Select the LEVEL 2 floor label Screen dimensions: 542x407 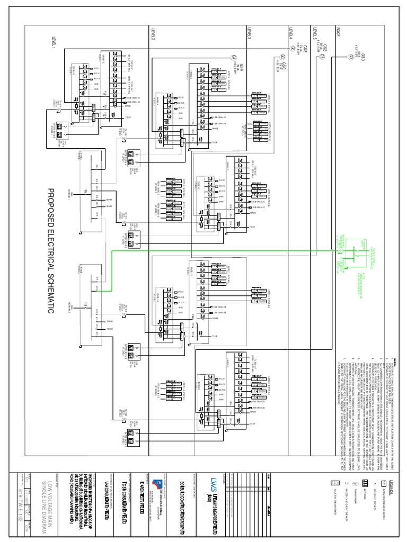153,35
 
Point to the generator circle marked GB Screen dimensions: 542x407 321,55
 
